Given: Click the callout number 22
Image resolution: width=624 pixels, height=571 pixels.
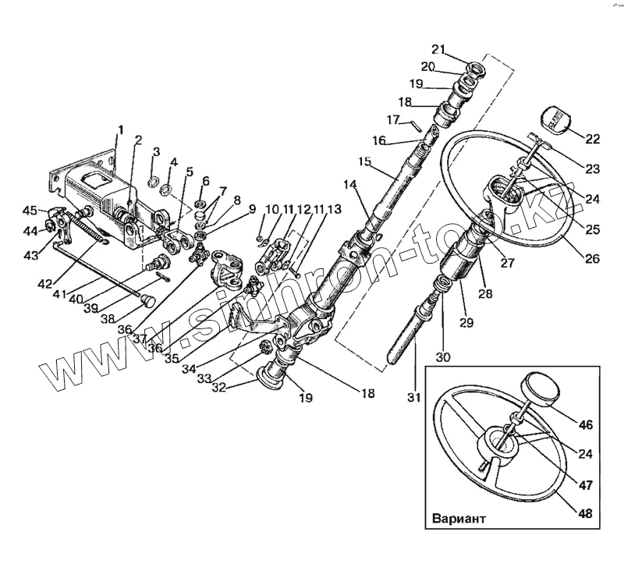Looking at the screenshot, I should (593, 140).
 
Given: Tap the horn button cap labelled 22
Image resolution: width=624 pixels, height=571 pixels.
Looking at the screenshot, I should (553, 119).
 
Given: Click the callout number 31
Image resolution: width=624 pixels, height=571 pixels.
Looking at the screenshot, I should (414, 398).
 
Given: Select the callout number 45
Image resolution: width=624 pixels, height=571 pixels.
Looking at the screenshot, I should (29, 210).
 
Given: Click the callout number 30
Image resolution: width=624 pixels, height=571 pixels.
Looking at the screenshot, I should (444, 357).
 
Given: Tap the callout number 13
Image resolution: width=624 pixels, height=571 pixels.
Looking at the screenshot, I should (335, 210).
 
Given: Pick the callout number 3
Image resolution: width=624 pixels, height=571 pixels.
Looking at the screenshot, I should (156, 151).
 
